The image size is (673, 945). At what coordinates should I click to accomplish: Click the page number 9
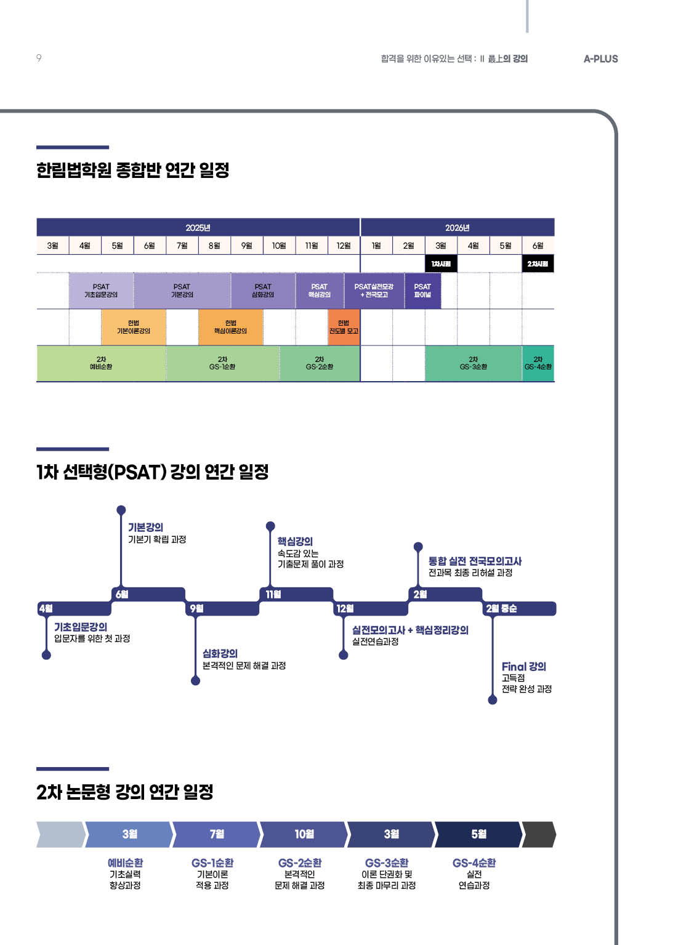(x=39, y=58)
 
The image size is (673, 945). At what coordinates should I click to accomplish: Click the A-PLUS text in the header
(x=600, y=59)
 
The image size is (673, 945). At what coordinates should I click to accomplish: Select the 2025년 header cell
(x=198, y=228)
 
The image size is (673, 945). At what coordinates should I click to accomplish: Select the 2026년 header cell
(x=457, y=228)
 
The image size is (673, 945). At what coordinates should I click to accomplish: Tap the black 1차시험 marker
(x=441, y=263)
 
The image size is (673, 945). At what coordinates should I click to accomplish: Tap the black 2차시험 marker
(x=538, y=263)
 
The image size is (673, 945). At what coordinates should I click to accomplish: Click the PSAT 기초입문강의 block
(x=101, y=291)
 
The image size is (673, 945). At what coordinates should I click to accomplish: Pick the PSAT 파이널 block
(x=422, y=291)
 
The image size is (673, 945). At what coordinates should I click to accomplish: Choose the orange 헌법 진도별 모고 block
(x=344, y=327)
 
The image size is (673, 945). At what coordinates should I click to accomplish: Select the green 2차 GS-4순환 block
(x=538, y=363)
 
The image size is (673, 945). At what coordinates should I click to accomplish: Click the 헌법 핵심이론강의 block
(x=230, y=327)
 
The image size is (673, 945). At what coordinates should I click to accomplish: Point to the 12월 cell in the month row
(x=344, y=246)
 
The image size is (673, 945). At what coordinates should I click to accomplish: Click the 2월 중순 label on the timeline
(x=502, y=609)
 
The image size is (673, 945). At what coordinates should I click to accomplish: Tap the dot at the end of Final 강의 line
(x=493, y=700)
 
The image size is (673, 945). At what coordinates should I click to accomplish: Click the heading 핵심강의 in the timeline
(x=295, y=542)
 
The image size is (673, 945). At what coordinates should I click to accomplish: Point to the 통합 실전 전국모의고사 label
(x=475, y=561)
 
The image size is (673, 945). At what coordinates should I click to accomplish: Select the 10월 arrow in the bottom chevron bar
(x=304, y=834)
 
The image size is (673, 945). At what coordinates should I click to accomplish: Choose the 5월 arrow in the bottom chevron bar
(x=478, y=834)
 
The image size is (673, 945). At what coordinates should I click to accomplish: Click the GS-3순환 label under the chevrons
(x=387, y=863)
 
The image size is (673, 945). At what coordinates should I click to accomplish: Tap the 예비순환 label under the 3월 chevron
(x=125, y=863)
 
